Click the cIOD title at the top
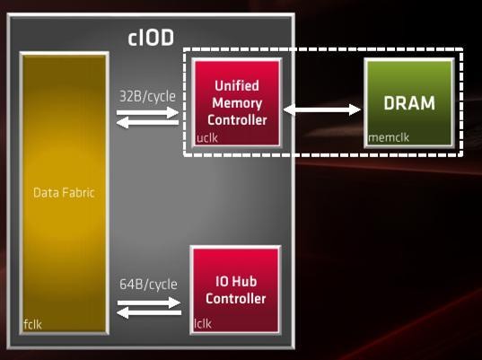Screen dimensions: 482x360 151,38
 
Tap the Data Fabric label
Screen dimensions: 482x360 64,193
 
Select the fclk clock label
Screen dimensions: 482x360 32,324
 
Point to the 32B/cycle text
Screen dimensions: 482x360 147,97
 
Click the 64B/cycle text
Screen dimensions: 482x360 148,285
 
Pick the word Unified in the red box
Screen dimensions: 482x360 237,86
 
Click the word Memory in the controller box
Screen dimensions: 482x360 237,103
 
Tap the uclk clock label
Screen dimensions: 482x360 207,138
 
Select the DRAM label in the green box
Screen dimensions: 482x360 409,103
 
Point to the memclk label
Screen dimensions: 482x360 389,137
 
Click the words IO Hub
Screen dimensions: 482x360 236,282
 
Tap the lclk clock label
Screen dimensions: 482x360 203,323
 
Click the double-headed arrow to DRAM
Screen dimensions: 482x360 322,110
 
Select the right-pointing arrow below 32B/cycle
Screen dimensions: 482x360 147,112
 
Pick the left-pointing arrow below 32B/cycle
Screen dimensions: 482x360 147,123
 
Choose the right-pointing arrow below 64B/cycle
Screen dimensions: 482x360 149,303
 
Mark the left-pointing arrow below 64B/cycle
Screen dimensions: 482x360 149,313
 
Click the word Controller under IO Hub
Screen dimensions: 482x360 236,299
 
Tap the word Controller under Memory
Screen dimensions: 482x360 237,120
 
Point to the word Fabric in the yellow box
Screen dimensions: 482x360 78,193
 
